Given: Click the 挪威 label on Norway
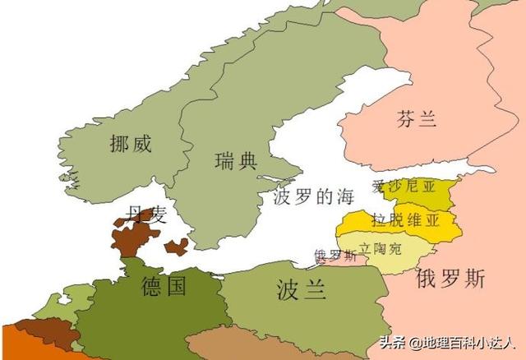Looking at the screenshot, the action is point(131,145).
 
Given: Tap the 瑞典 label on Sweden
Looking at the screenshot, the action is point(235,160).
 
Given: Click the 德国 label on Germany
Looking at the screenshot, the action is point(164,286).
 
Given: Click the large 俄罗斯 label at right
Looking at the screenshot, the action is point(451,277).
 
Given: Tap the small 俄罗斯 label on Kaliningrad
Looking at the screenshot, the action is point(335,256).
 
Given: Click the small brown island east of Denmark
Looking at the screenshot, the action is point(176,246).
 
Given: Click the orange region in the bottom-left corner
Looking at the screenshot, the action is point(12,345).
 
